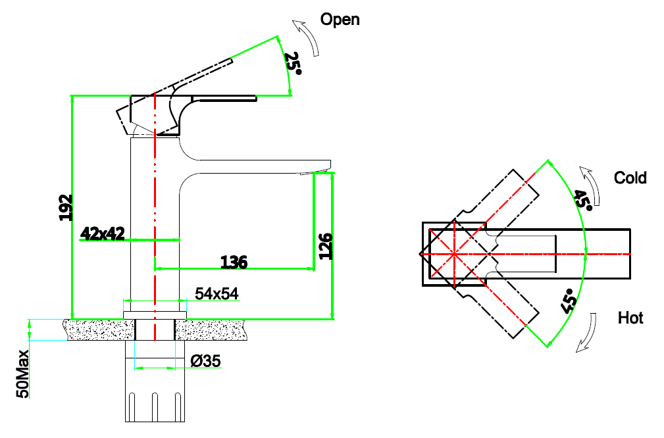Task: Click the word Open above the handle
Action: tap(340, 19)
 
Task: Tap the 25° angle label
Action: tap(293, 63)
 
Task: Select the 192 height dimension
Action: tap(65, 207)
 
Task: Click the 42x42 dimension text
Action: tap(103, 233)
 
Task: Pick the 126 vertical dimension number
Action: tap(326, 246)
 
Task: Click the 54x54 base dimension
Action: tap(217, 294)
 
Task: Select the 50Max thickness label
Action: tap(22, 374)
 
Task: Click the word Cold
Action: tap(630, 178)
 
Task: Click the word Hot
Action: tap(630, 318)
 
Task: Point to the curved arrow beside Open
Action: tap(309, 37)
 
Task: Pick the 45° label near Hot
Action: tap(569, 300)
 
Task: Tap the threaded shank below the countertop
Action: tap(155, 395)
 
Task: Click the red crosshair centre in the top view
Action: tap(454, 253)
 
